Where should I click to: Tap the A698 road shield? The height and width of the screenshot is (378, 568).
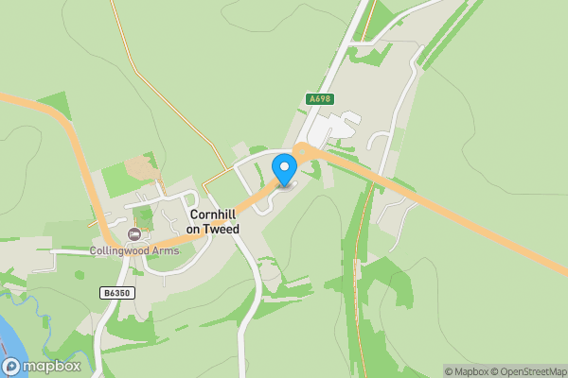pyautogui.click(x=321, y=98)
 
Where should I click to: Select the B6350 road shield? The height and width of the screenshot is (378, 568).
pyautogui.click(x=116, y=294)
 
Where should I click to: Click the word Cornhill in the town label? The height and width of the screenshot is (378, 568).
pyautogui.click(x=213, y=215)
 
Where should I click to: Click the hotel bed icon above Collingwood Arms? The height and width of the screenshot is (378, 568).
pyautogui.click(x=133, y=233)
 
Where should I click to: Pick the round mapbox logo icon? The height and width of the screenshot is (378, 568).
pyautogui.click(x=11, y=366)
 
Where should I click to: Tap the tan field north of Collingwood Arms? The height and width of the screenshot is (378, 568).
pyautogui.click(x=142, y=169)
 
